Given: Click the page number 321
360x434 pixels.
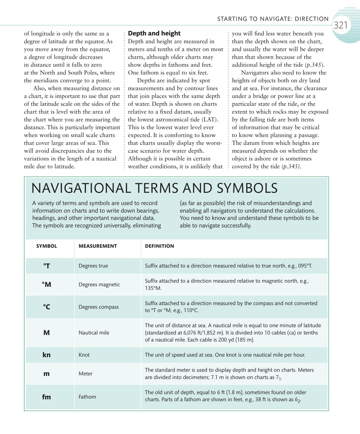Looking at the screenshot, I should tap(340, 25).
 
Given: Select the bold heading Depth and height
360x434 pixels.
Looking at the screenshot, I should tap(154, 33).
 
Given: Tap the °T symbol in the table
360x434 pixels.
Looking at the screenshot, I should tap(46, 266).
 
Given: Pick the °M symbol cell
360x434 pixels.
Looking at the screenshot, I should tap(46, 284).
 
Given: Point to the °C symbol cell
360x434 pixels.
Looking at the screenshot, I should tap(46, 307).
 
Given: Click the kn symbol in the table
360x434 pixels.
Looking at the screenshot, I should tap(46, 355).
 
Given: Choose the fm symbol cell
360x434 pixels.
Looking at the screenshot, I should tap(46, 397).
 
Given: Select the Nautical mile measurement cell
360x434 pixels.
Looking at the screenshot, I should tap(94, 333).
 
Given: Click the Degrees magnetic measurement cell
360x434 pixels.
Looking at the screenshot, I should tap(99, 284).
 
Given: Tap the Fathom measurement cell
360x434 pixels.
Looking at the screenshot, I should tap(87, 397).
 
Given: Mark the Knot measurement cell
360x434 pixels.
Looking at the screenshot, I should tap(84, 355).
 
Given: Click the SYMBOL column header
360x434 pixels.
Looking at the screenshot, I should tap(47, 246).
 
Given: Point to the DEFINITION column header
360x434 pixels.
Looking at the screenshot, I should tap(159, 246).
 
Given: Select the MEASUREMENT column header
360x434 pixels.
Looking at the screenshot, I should tap(98, 246).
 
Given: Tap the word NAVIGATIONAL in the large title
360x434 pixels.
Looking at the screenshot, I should tap(81, 188).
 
